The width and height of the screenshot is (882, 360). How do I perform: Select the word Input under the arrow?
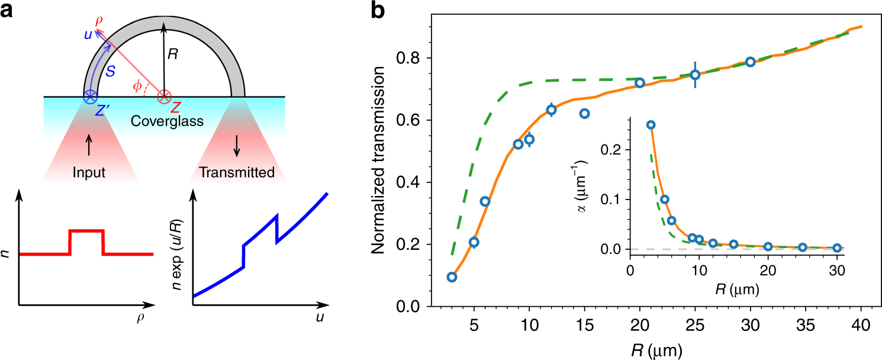(x=89, y=173)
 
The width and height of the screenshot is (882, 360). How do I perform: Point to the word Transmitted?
(x=237, y=173)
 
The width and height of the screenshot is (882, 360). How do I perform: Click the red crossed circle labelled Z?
(x=164, y=96)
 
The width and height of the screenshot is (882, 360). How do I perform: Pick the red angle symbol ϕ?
(x=137, y=86)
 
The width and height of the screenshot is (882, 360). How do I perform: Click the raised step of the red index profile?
(x=86, y=230)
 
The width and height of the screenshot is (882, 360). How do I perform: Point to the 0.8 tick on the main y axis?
(x=416, y=59)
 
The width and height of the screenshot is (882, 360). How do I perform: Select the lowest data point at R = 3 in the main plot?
(x=452, y=277)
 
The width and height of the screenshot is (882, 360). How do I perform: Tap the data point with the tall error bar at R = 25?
(x=695, y=75)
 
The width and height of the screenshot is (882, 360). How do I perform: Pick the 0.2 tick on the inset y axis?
(x=616, y=150)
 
